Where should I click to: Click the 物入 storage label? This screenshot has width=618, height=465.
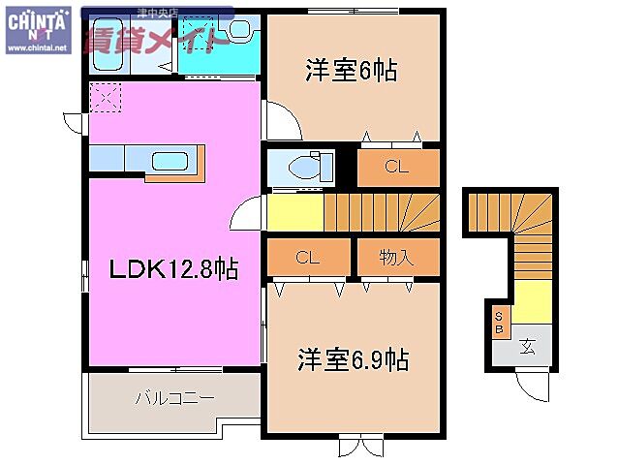[396, 258]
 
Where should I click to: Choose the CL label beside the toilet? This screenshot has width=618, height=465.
[395, 167]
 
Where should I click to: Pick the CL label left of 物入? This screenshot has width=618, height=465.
[307, 258]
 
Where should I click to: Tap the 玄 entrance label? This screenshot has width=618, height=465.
[527, 346]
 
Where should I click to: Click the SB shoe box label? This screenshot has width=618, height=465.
[500, 321]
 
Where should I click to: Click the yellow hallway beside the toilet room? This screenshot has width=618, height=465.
[294, 211]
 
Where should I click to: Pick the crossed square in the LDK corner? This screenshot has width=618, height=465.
[105, 98]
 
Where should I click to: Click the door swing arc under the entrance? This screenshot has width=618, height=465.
[532, 386]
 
